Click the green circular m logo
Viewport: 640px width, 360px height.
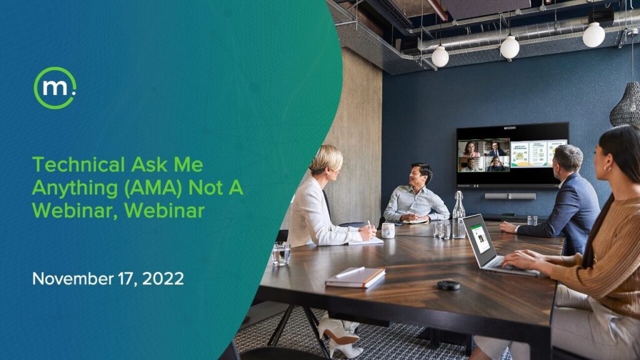tap(55, 87)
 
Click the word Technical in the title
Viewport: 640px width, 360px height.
tap(78, 165)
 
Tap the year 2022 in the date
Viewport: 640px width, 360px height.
tap(163, 279)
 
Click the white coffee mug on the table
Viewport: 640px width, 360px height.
tap(387, 231)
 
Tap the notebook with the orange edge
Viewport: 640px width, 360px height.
tap(356, 277)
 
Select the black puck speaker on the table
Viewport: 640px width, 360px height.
tap(449, 285)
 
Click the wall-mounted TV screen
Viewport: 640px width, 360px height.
tap(512, 156)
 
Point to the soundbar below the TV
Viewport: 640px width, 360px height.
tap(510, 196)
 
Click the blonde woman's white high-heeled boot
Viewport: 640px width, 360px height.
tap(339, 331)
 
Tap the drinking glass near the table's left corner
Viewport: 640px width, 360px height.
tap(281, 254)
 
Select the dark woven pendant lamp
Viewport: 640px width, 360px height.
tap(625, 104)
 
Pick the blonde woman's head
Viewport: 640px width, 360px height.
tap(326, 161)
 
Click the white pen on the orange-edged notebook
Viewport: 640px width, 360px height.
tap(349, 272)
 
